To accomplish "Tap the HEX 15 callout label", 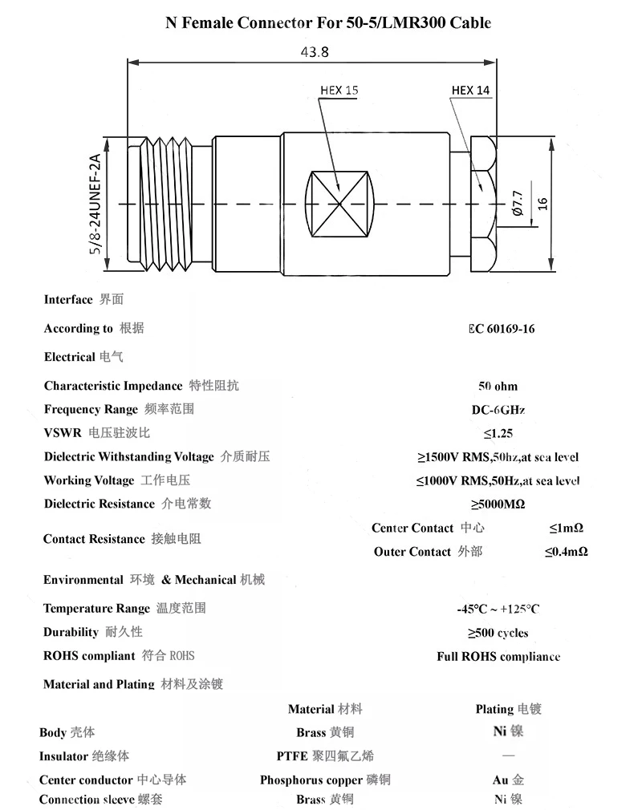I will coord(339,91).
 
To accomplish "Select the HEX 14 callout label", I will coord(470,91).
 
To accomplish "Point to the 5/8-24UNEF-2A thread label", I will coord(94,205).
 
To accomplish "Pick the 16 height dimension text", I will coord(542,204).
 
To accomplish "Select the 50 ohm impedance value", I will coord(498,387).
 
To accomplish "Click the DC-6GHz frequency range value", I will coord(498,410).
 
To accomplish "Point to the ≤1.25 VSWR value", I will coord(498,434).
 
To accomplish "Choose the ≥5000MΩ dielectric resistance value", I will coord(498,504).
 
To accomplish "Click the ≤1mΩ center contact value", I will coord(566,529).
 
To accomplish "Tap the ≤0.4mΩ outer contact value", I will coord(566,552).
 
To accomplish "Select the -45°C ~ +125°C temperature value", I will coord(498,609).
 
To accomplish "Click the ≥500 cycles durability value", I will coord(498,633).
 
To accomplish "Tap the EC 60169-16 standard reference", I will coord(502,329).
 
